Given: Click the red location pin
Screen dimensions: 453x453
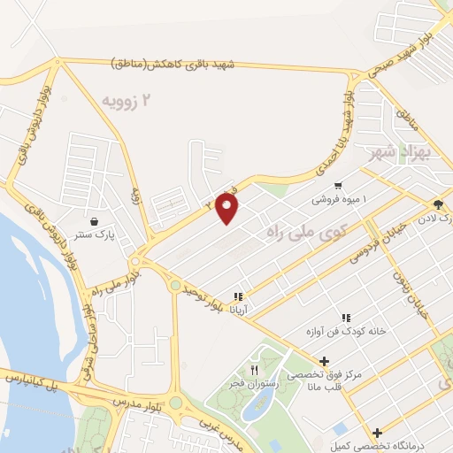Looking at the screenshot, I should (x=226, y=207).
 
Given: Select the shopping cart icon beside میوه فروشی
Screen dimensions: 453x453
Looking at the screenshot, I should (x=338, y=186).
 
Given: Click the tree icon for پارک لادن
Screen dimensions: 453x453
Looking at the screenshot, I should (x=438, y=204).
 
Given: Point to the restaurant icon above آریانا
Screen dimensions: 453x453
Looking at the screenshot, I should (x=237, y=296).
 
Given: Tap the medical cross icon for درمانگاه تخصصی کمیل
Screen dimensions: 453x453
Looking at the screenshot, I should (x=378, y=433).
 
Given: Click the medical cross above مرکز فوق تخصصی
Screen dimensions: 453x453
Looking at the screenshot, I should (x=325, y=361).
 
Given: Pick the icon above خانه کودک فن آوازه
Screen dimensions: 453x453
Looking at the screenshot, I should (x=346, y=318).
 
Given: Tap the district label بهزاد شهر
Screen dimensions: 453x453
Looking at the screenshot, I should (x=409, y=150).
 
